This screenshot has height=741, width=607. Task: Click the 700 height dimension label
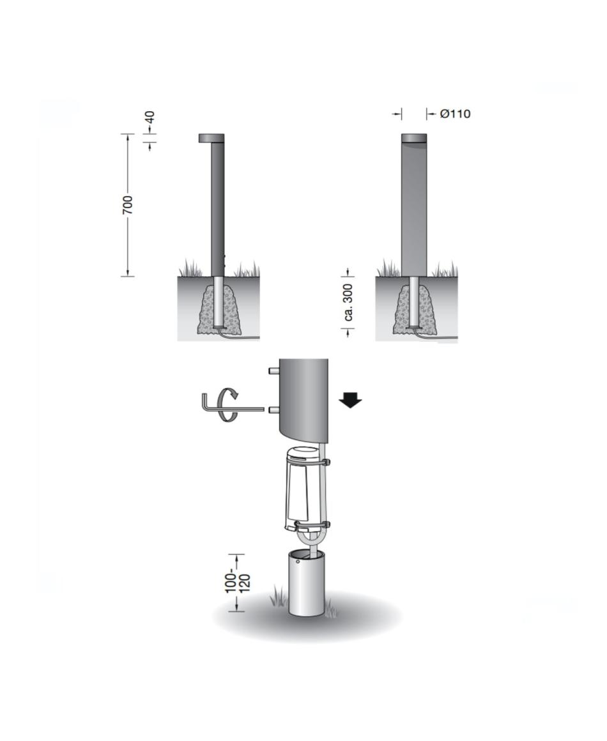click(128, 204)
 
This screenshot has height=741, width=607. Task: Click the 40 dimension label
click(150, 117)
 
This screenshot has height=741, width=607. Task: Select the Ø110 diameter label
click(455, 114)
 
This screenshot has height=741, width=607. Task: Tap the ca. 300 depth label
click(349, 302)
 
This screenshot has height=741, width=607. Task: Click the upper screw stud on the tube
click(273, 371)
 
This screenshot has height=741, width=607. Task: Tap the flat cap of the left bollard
click(211, 138)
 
